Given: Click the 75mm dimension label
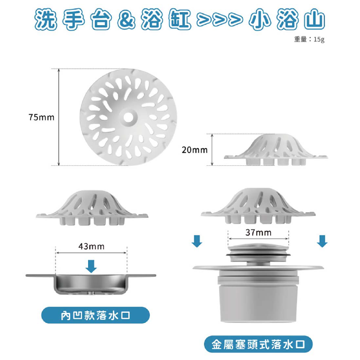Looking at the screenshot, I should pos(41,117).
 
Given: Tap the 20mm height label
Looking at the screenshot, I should pos(195,150).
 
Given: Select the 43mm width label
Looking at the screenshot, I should pos(91,246).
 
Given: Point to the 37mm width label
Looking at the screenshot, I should pos(258,232).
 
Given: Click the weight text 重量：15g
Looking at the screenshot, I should pos(309,40).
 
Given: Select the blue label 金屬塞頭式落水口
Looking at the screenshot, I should pos(258,345).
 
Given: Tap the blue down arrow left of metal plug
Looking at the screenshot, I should pos(196,241).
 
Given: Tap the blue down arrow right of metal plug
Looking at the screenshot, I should pos(322,241).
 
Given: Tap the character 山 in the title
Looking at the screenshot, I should pos(312,20).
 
